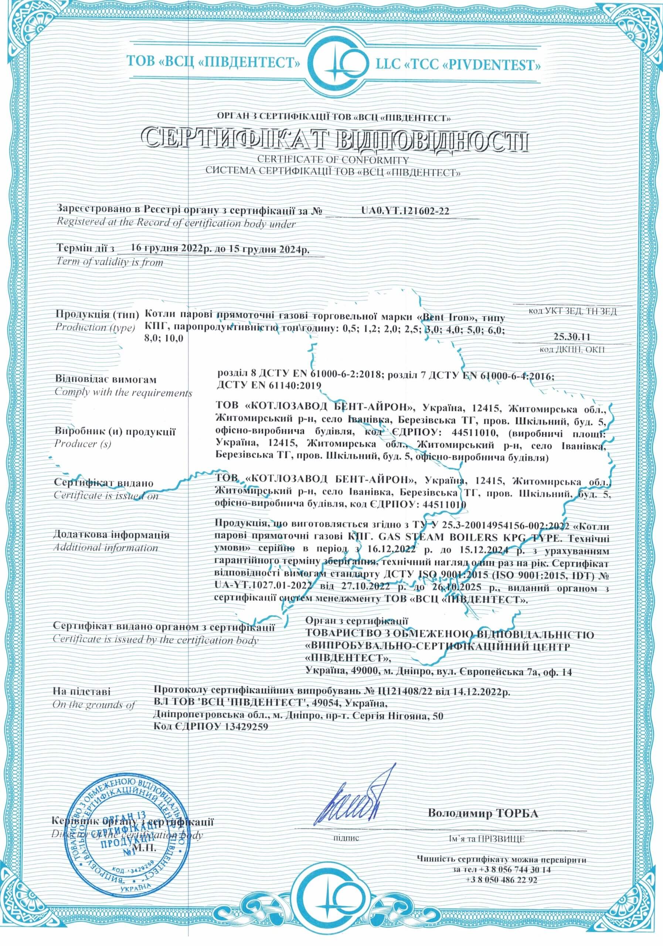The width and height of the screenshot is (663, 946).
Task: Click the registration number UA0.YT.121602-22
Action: coord(405,211)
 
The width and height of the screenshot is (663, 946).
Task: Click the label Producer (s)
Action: coord(82,444)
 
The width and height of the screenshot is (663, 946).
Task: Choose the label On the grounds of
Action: coord(93,705)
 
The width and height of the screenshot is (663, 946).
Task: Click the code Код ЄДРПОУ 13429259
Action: coord(210,728)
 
